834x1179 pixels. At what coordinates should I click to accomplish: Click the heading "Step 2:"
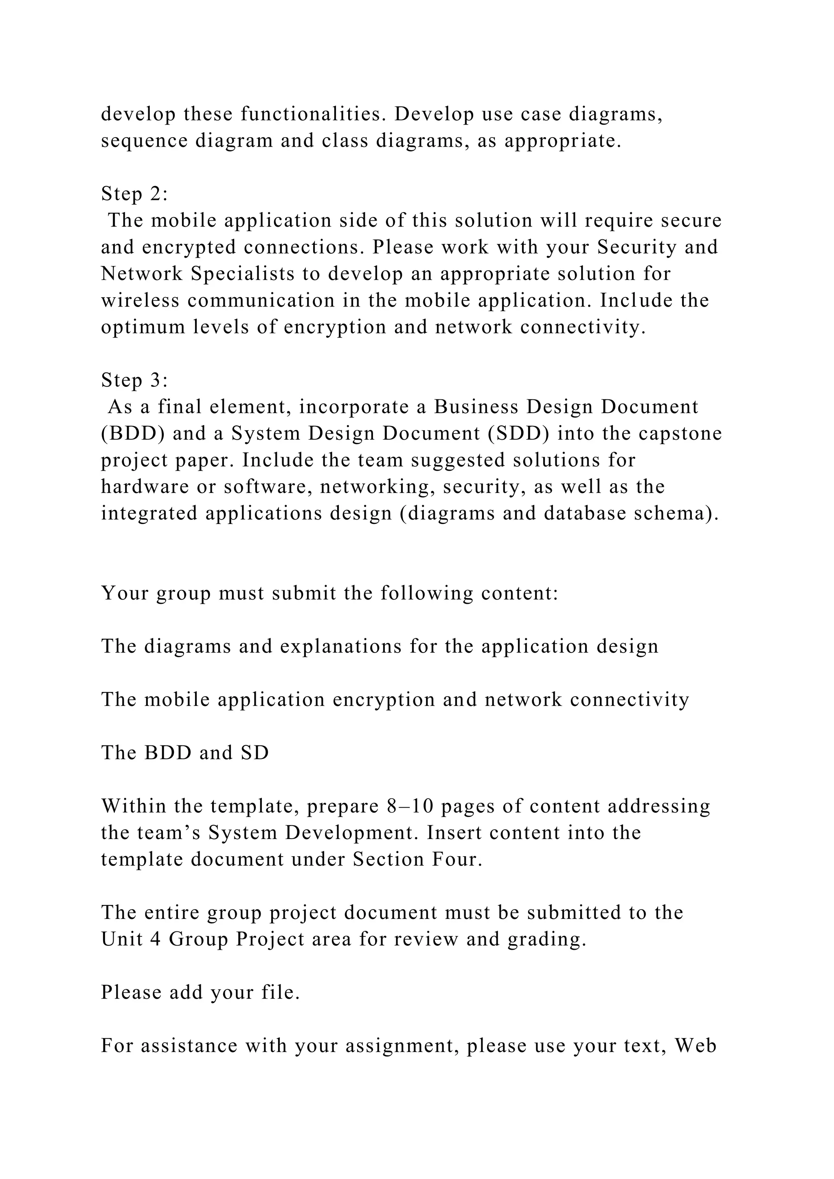click(x=134, y=194)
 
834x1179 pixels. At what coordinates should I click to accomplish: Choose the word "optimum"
click(x=143, y=327)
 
